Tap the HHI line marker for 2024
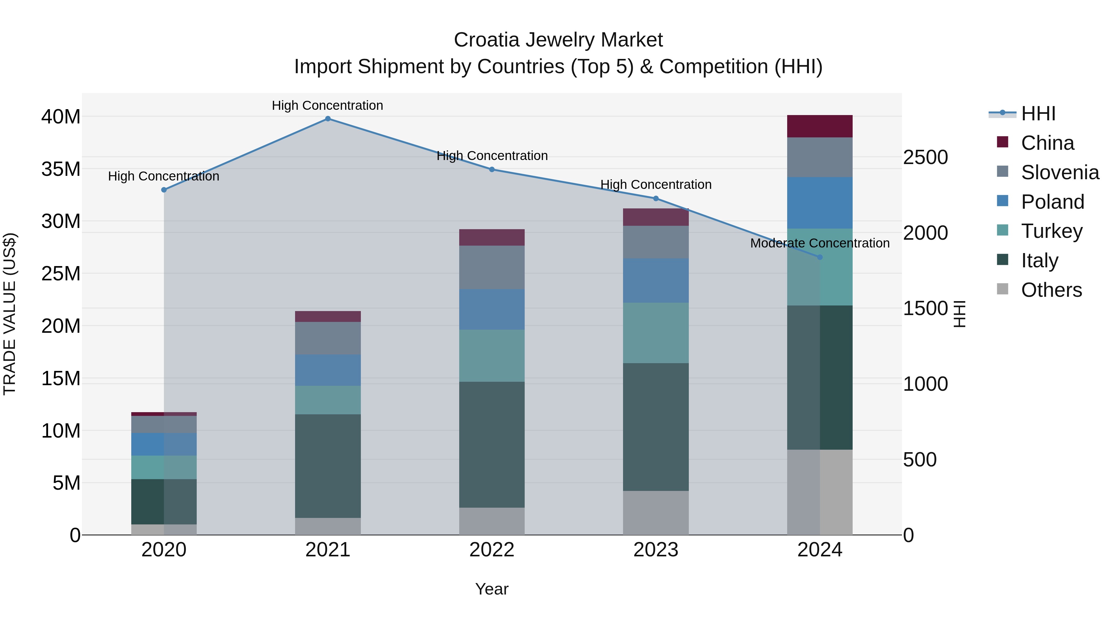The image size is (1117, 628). pos(819,257)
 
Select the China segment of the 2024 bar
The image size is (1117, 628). pos(819,126)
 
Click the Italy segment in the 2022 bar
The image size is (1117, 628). pos(492,444)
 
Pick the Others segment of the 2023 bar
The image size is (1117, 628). pos(656,513)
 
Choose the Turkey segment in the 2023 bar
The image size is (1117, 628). pos(656,333)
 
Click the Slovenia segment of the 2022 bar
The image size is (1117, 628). pos(492,267)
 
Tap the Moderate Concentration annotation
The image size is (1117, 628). pos(819,243)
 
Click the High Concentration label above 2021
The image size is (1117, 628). pos(327,105)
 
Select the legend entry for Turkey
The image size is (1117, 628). pos(1052,231)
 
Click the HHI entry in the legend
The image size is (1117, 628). pos(1038,114)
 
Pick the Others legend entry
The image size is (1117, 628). pos(1051,290)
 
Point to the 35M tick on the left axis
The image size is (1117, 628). pos(61,169)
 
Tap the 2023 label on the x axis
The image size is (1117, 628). pos(656,550)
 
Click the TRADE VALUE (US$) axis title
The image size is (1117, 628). pos(10,314)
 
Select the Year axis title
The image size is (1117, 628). pos(492,589)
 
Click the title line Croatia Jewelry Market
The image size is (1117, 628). pos(558,40)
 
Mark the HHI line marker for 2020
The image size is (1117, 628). pos(164,190)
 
